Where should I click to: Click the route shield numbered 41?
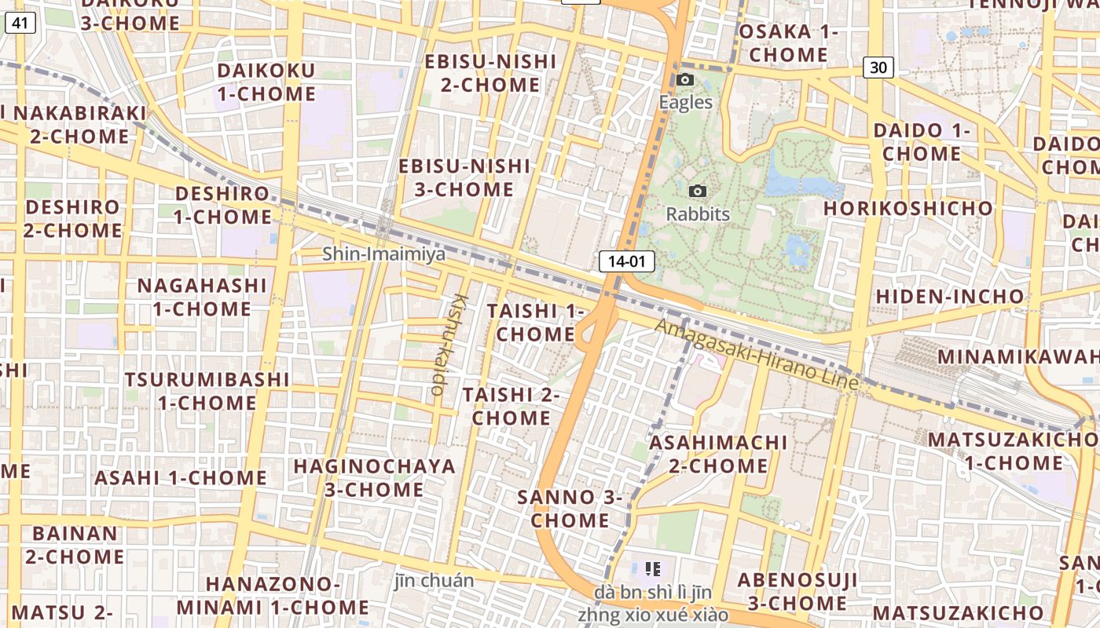pyautogui.click(x=20, y=24)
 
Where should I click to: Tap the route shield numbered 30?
pyautogui.click(x=878, y=68)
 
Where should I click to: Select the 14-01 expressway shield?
pyautogui.click(x=626, y=261)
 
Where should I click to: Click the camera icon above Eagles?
pyautogui.click(x=685, y=80)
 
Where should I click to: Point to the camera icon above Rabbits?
pyautogui.click(x=697, y=192)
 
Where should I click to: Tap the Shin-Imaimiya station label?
pyautogui.click(x=383, y=254)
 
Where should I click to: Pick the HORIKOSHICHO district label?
pyautogui.click(x=907, y=208)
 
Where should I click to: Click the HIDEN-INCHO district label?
pyautogui.click(x=950, y=296)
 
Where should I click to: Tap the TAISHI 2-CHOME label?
pyautogui.click(x=511, y=406)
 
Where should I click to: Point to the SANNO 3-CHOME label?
pyautogui.click(x=570, y=508)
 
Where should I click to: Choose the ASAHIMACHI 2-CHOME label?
pyautogui.click(x=718, y=454)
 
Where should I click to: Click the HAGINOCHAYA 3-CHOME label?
pyautogui.click(x=374, y=477)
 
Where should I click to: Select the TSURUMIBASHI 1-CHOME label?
pyautogui.click(x=207, y=391)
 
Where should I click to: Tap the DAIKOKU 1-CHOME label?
pyautogui.click(x=266, y=82)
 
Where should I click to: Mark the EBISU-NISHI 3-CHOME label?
pyautogui.click(x=464, y=177)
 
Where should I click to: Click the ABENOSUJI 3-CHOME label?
pyautogui.click(x=797, y=591)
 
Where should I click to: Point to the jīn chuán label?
pyautogui.click(x=434, y=581)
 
